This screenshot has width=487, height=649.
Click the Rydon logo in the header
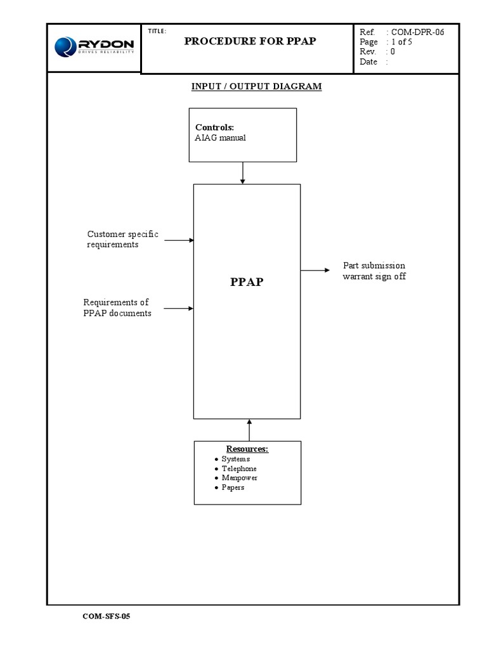click(x=94, y=46)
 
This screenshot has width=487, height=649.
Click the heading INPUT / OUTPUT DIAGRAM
click(x=257, y=86)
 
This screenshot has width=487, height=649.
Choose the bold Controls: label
click(x=214, y=127)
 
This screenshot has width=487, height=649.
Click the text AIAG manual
click(x=220, y=138)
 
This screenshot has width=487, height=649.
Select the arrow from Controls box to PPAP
click(x=243, y=172)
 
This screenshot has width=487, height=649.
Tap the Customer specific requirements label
click(x=122, y=240)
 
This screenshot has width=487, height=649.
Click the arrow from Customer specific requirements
click(x=179, y=240)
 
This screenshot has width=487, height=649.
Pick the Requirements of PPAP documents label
click(x=117, y=308)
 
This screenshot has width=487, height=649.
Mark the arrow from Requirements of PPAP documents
click(x=179, y=309)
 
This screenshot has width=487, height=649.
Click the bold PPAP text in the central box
click(x=247, y=282)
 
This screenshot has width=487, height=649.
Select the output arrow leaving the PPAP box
click(x=315, y=271)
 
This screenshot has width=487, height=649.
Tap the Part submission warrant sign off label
click(x=374, y=271)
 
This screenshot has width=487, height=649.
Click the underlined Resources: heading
click(x=247, y=449)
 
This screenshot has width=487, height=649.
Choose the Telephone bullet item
click(x=239, y=468)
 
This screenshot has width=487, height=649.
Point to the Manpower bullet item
click(x=239, y=478)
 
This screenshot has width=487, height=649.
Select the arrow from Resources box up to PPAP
click(x=249, y=430)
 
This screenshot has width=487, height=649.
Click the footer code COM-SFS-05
click(x=106, y=616)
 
